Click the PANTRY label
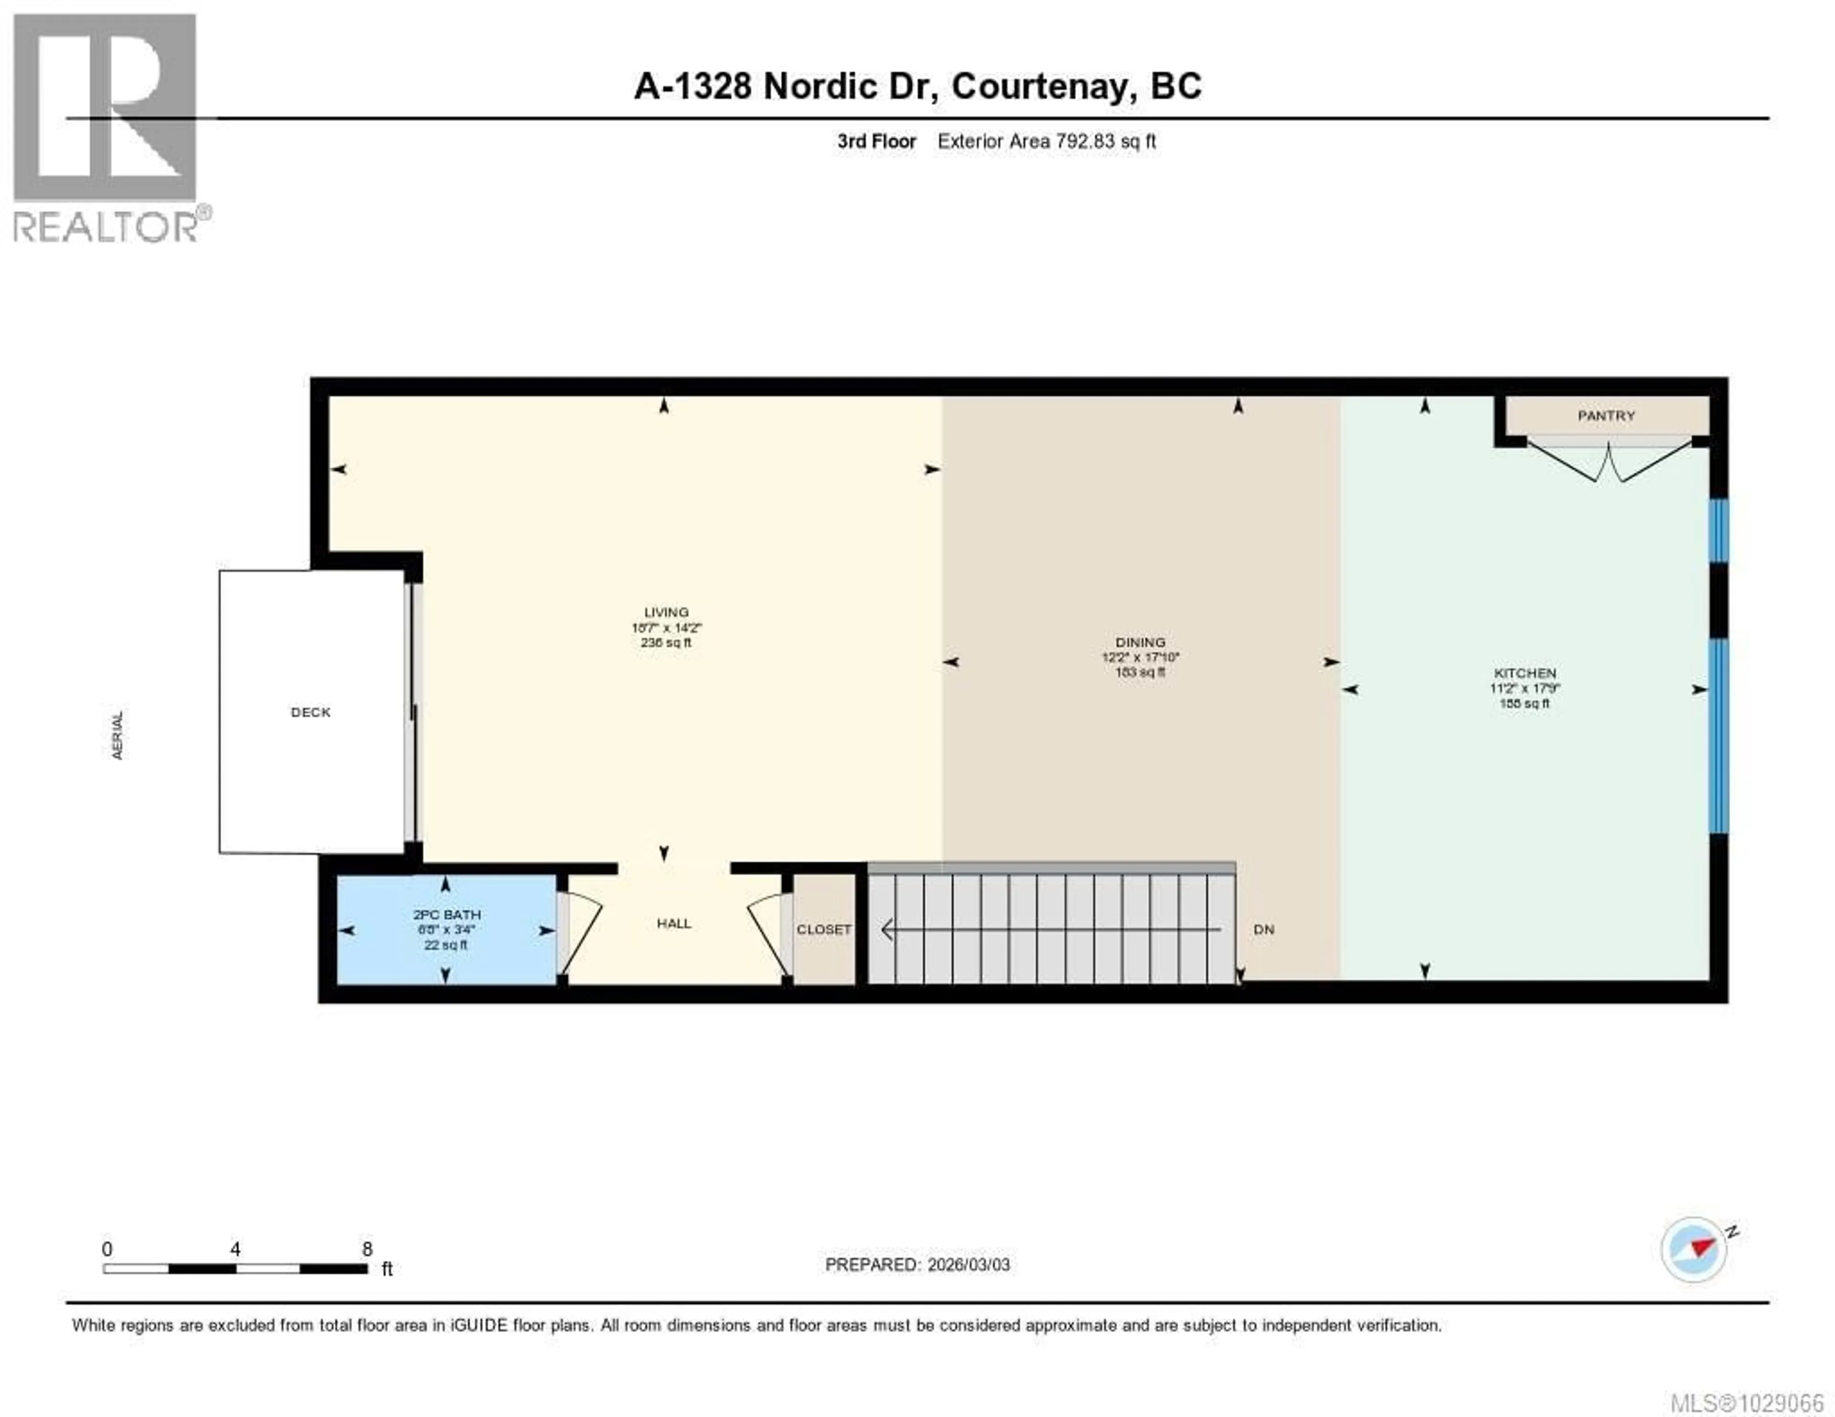coord(1606,416)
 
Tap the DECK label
coord(310,712)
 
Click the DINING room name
coord(1140,642)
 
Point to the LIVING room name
coord(666,612)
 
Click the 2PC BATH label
coord(446,915)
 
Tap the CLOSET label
coord(823,930)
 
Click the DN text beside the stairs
coord(1263,930)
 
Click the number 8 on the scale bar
coord(367,1249)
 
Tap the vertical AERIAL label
coord(118,735)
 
